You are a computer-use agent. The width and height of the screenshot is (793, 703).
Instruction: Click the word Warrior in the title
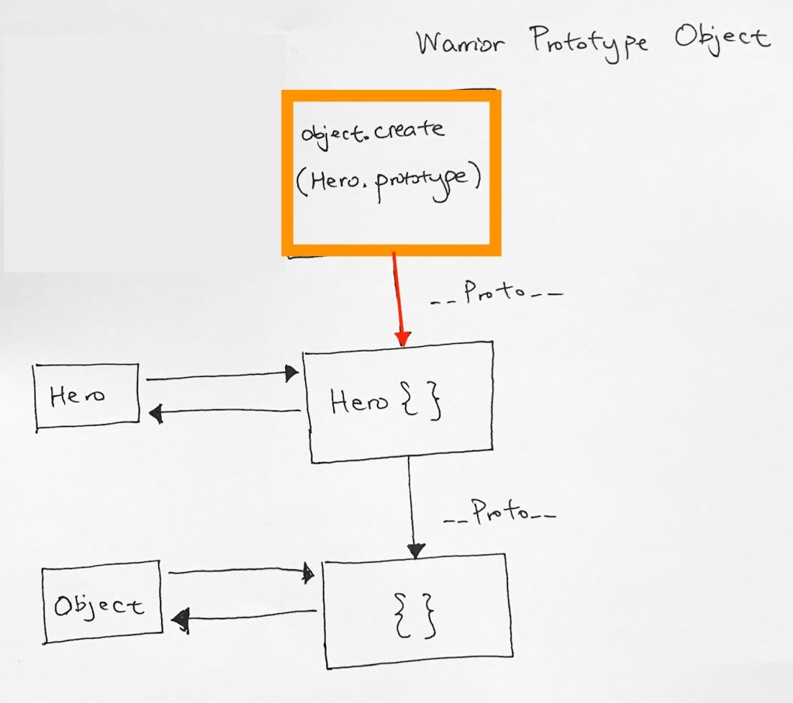(x=460, y=43)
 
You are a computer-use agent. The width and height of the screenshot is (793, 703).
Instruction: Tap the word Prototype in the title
(x=589, y=43)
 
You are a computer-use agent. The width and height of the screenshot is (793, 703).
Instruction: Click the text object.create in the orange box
(x=372, y=133)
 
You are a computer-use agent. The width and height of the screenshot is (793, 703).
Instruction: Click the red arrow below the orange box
(x=399, y=300)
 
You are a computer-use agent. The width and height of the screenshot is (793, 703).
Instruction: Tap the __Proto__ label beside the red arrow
(x=496, y=293)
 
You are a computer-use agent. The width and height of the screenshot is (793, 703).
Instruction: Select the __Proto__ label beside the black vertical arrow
(x=499, y=513)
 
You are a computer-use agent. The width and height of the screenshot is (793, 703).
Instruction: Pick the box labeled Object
(x=101, y=602)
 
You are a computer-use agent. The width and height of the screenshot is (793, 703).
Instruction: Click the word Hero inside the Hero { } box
(x=359, y=402)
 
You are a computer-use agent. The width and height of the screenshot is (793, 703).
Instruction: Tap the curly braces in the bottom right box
(x=415, y=615)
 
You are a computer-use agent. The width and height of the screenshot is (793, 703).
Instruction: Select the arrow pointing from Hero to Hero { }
(x=222, y=376)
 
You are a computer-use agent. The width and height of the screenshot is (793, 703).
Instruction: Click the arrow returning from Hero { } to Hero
(x=225, y=412)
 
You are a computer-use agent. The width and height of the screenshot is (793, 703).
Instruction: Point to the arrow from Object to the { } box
(x=241, y=572)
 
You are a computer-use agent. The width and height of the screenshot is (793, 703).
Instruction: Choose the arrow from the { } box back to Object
(x=244, y=616)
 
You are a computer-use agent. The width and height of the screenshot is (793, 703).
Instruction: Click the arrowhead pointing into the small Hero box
(x=156, y=413)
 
